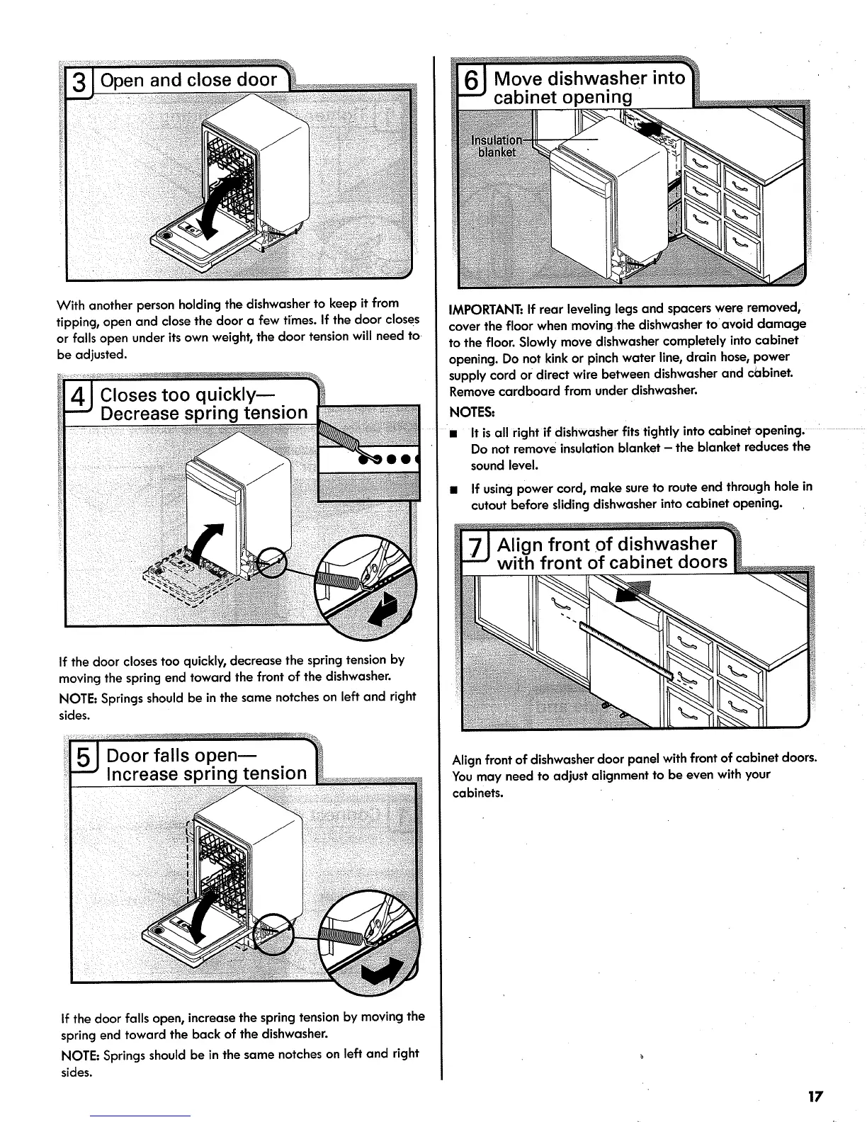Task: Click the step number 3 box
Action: (x=81, y=82)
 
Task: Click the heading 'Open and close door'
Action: (x=188, y=80)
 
